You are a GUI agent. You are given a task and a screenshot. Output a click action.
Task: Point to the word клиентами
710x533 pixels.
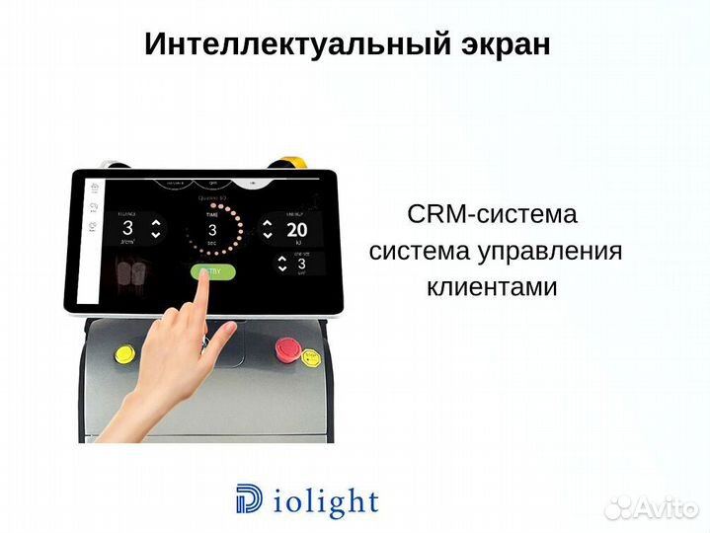(x=492, y=287)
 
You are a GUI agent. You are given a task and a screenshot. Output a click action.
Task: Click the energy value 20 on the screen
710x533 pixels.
(x=296, y=231)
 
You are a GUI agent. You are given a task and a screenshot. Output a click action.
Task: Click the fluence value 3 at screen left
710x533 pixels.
(x=127, y=228)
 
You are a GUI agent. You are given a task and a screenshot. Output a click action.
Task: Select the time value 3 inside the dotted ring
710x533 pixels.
(x=211, y=229)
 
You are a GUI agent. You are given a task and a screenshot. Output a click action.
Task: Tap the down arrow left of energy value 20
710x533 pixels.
(x=266, y=235)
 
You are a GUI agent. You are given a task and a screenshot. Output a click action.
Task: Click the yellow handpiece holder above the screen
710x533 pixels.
(x=289, y=163)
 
